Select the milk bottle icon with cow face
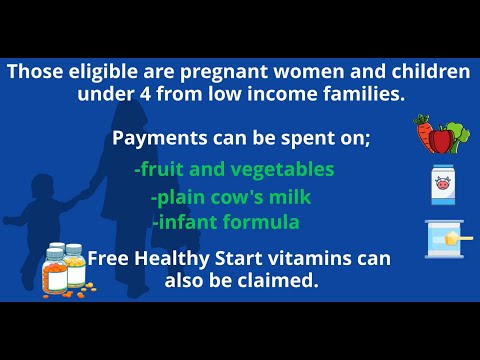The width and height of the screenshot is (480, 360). (x=443, y=185)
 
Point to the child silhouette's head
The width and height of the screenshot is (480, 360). (x=43, y=189)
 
